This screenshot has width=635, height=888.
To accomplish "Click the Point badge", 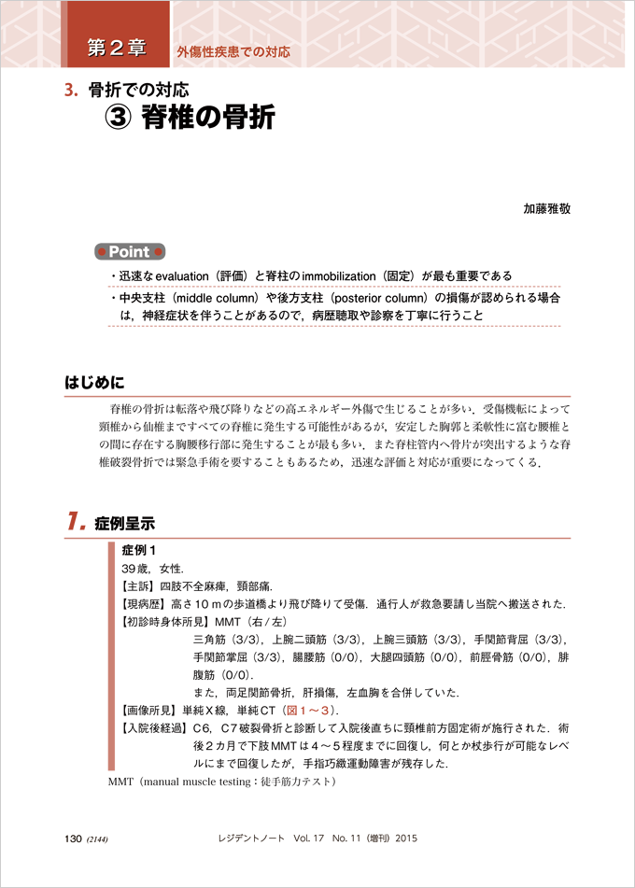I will pyautogui.click(x=130, y=252).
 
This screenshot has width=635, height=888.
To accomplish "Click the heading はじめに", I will pyautogui.click(x=94, y=383).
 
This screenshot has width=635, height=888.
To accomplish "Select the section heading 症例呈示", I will pyautogui.click(x=124, y=525).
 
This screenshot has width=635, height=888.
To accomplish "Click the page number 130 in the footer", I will pyautogui.click(x=74, y=839).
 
